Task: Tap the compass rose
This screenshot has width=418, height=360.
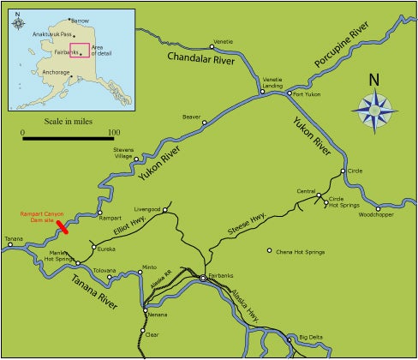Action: tap(373, 109)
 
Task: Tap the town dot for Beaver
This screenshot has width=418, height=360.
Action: tap(205, 123)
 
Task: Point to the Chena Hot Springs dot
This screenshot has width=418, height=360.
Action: tap(270, 251)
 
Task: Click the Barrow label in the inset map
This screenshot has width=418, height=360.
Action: tap(81, 20)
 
